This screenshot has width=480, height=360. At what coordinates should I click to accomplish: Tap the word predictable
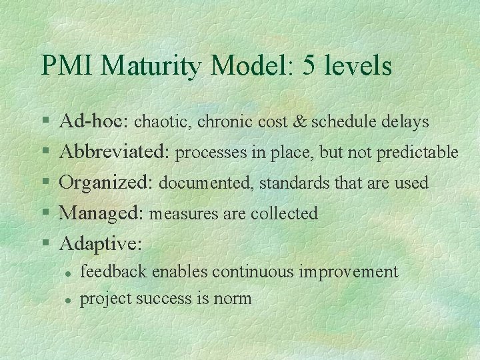tap(417, 153)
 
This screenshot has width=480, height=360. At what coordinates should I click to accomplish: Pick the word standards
tap(291, 183)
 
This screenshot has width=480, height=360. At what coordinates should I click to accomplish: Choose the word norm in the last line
tap(233, 299)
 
